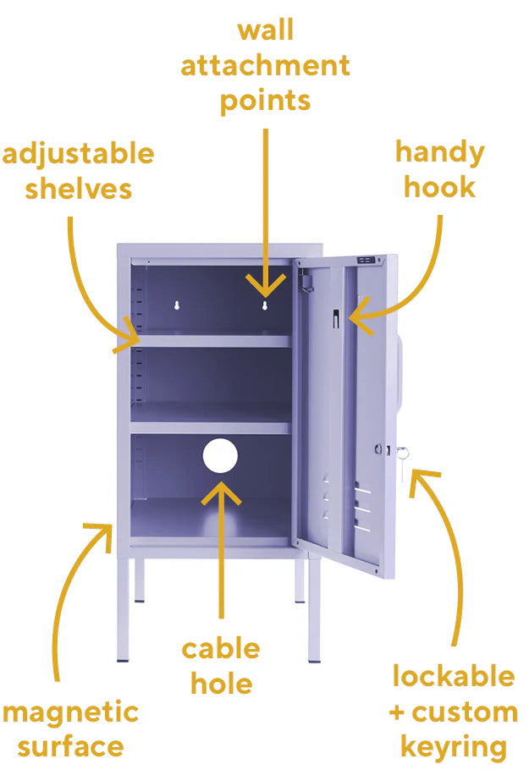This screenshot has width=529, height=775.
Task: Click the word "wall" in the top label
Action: pos(266,30)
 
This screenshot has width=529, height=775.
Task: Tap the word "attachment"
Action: pos(266,65)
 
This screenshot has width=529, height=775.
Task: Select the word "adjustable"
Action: pos(78,155)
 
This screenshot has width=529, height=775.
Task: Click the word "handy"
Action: pos(439,153)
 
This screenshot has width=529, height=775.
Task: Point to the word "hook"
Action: pos(439,187)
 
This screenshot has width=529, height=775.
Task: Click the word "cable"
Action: pos(221,648)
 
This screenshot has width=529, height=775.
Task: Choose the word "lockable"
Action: pos(454,676)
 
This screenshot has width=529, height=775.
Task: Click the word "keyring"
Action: pos(454,748)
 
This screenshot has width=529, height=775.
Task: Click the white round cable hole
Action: pos(220,455)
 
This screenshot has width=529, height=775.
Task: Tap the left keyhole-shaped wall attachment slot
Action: pos(177,305)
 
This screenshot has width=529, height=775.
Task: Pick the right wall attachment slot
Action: pos(264,305)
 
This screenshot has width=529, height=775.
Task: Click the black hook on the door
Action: pos(336,318)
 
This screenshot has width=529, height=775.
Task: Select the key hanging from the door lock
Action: pos(403,457)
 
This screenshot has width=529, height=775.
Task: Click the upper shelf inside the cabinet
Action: pos(211,341)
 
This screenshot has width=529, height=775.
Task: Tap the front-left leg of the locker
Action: pos(123,610)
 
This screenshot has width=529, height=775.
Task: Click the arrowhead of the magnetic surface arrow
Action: pos(101,536)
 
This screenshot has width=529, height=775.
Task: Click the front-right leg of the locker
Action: pos(314,610)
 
